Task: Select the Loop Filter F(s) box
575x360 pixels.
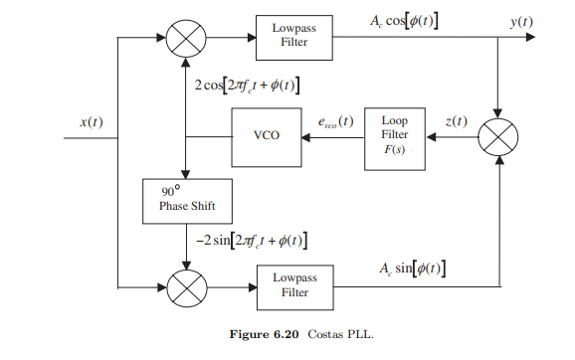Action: click(395, 134)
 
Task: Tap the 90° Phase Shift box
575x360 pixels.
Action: click(186, 199)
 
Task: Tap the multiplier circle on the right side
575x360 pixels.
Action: click(497, 135)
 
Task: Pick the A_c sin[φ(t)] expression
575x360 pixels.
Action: click(411, 270)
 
